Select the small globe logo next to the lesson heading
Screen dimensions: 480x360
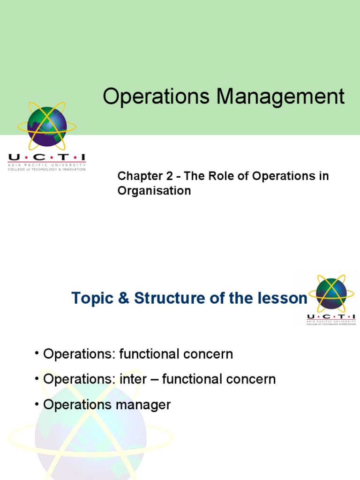[331, 293]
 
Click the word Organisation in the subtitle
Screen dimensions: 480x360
[154, 191]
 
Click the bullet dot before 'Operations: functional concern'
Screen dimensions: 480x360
[37, 354]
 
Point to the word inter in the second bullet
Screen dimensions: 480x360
[142, 379]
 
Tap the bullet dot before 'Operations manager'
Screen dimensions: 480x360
[37, 405]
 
